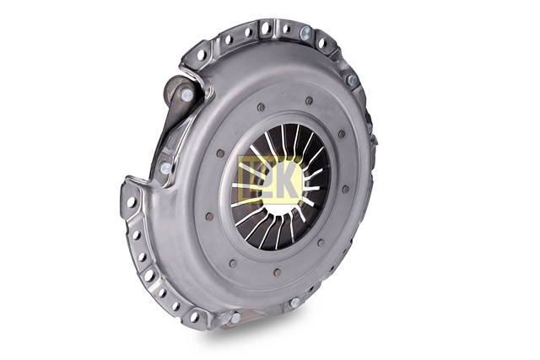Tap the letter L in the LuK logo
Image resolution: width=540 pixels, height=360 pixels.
(x=251, y=179)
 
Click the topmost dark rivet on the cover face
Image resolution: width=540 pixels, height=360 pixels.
(x=309, y=100)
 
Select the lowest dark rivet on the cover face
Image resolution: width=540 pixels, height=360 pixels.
(x=278, y=272)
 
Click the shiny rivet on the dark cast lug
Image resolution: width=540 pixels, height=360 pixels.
(x=186, y=94)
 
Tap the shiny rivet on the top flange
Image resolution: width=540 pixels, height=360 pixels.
(x=305, y=33)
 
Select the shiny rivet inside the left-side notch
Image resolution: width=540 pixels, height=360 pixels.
(x=165, y=168)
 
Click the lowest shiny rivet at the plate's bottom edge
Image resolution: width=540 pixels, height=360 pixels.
(x=236, y=318)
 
